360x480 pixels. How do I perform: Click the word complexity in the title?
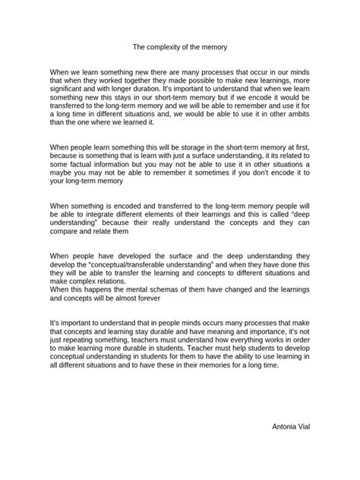click(168, 46)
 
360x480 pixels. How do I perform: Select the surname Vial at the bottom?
click(302, 428)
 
